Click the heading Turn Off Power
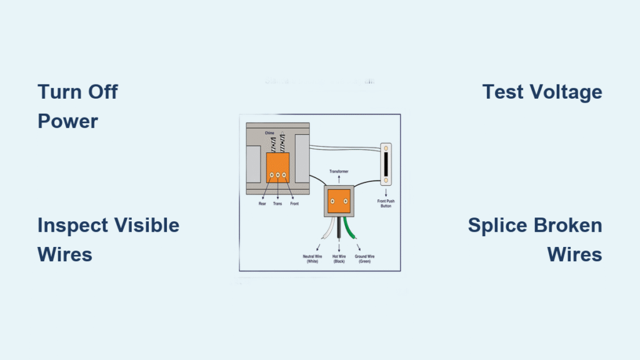pyautogui.click(x=77, y=106)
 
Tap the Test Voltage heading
pyautogui.click(x=542, y=92)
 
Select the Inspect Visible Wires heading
pyautogui.click(x=108, y=239)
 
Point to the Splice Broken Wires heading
pyautogui.click(x=535, y=239)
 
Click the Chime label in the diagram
pyautogui.click(x=269, y=133)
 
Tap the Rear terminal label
pyautogui.click(x=262, y=204)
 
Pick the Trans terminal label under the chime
pyautogui.click(x=278, y=204)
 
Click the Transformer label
pyautogui.click(x=339, y=171)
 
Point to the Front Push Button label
pyautogui.click(x=386, y=203)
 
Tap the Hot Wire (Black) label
pyautogui.click(x=339, y=259)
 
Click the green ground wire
pyautogui.click(x=354, y=229)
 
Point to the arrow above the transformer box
pyautogui.click(x=339, y=179)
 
